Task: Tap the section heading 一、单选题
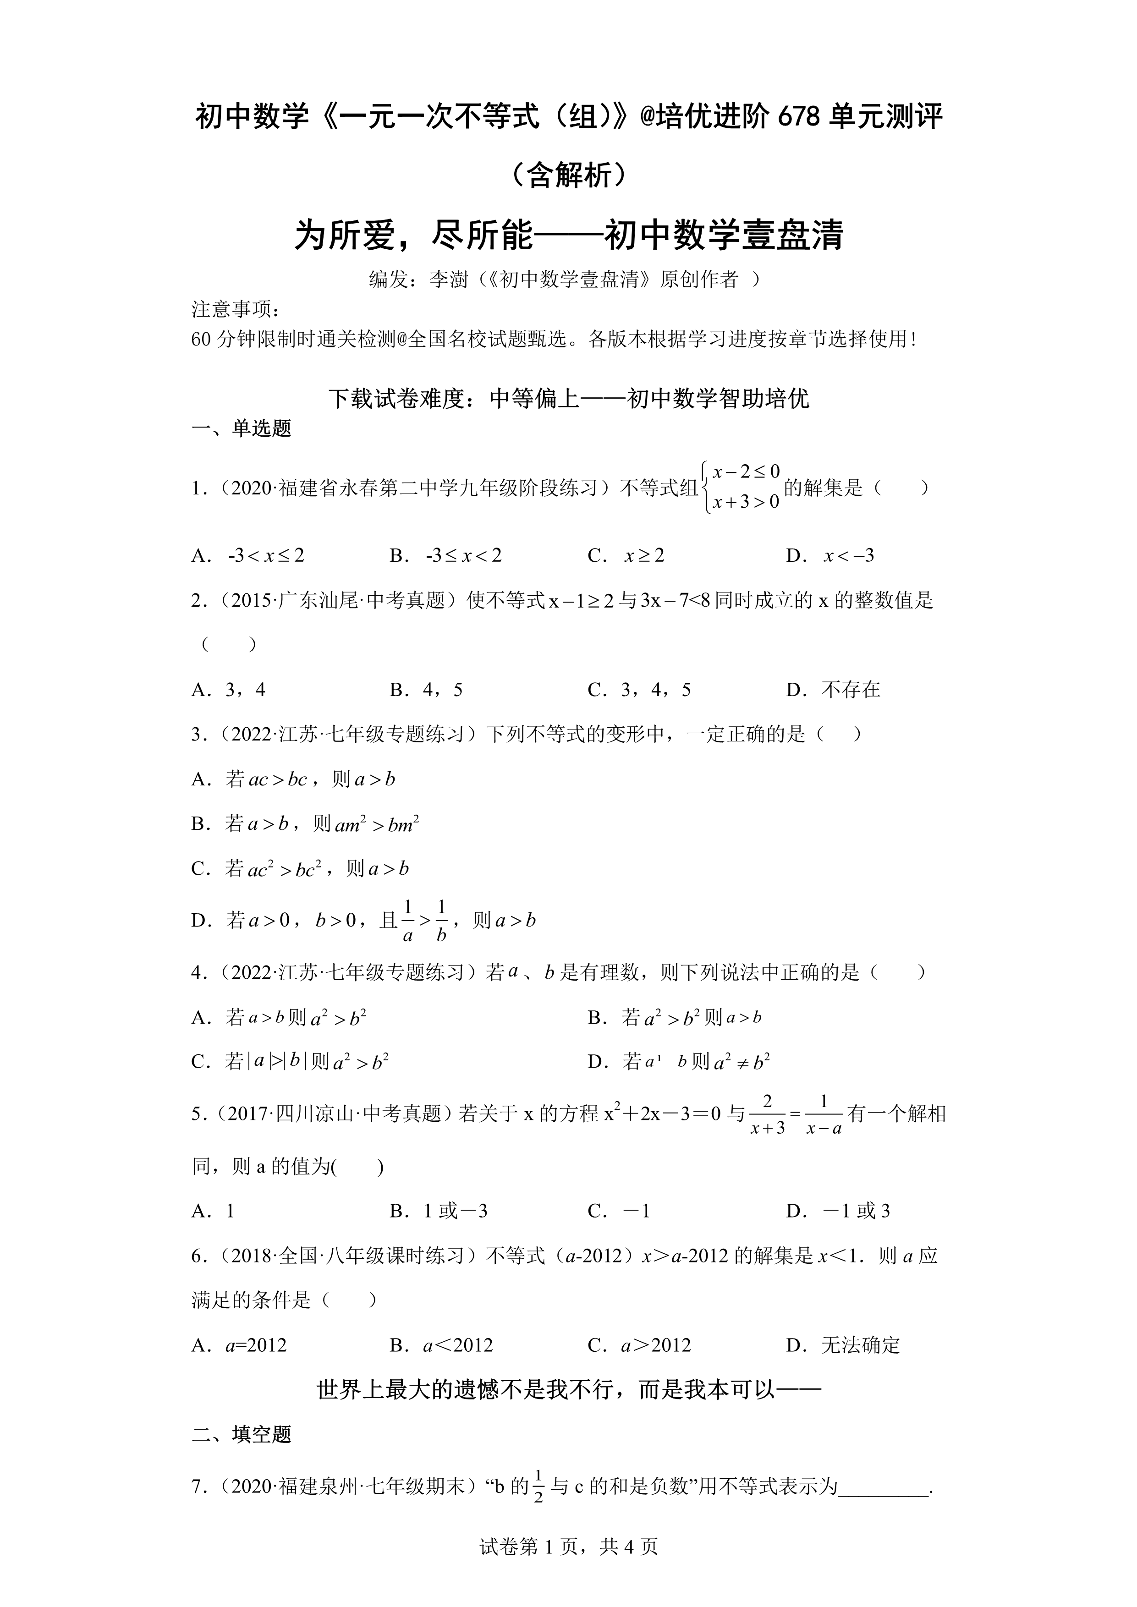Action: pos(241,428)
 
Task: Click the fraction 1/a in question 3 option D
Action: pos(408,921)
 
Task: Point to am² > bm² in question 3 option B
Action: pos(377,824)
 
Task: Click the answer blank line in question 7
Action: pos(884,1486)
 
